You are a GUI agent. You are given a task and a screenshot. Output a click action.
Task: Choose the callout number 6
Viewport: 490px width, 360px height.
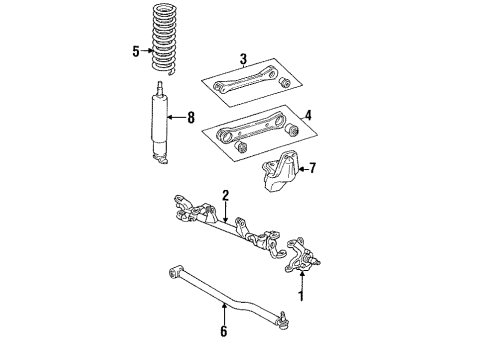tap(223, 330)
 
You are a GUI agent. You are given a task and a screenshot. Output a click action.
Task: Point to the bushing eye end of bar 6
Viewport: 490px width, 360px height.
tap(172, 267)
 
